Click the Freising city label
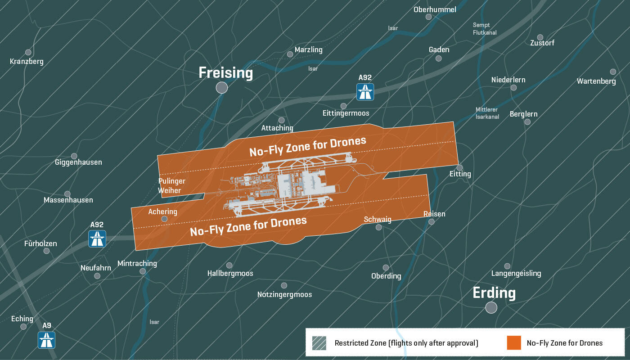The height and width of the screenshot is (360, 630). coord(226,73)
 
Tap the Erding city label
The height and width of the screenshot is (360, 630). coord(494,293)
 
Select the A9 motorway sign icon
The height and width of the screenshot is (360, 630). coord(46,340)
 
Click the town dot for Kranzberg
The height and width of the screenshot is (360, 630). coord(28,52)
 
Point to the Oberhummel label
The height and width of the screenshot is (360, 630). coord(435,9)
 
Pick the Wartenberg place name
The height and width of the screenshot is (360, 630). coord(596,81)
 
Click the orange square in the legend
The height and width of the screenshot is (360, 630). coord(513,343)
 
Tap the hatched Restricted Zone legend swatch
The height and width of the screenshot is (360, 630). coord(319,343)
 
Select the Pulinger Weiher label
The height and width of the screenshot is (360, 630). coord(172,186)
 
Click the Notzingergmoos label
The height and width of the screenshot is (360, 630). coord(284,295)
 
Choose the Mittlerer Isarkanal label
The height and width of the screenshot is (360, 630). coord(487,113)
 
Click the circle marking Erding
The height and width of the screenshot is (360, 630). coord(491,308)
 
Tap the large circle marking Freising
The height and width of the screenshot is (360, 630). coord(221,88)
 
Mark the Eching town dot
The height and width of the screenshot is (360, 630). coord(23,327)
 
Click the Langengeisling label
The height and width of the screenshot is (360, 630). coord(516,273)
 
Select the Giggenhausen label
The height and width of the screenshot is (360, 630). coord(78,162)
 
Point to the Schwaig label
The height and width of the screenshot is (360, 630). coord(378,219)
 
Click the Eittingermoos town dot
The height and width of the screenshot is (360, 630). coord(343,106)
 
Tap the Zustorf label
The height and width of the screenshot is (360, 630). coord(542,43)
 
